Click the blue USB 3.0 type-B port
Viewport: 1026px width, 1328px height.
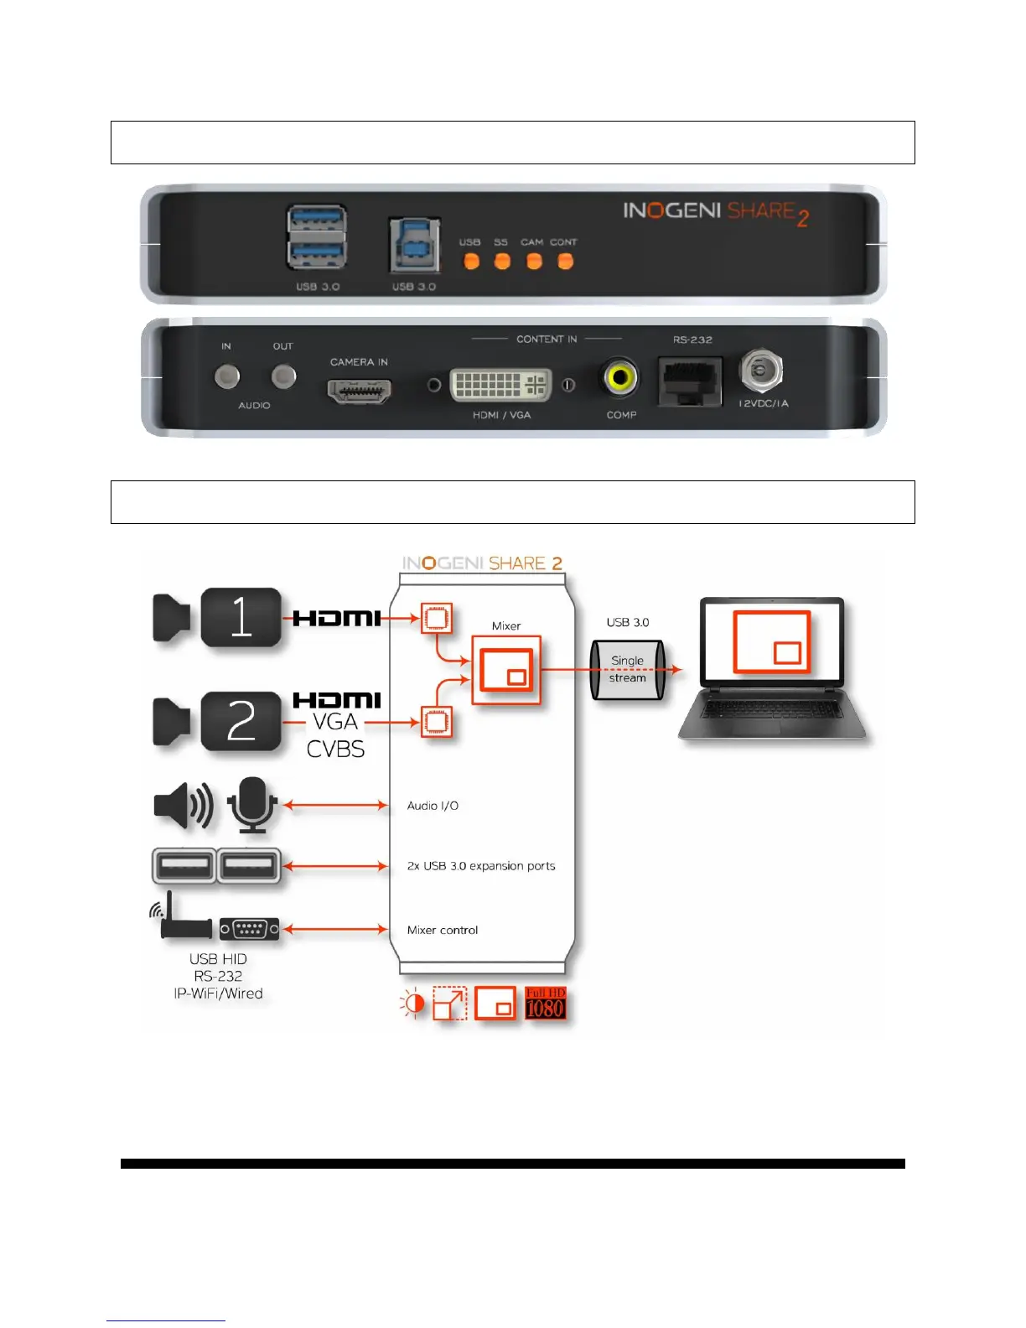414,246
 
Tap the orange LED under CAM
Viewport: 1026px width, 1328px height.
534,262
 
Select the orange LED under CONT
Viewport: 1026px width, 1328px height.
566,262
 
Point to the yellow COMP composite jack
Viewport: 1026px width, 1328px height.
620,378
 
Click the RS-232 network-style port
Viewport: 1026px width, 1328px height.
690,381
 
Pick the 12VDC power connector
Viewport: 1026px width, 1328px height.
761,370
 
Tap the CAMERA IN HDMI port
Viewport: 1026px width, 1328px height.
359,391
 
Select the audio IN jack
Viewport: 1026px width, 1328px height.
226,376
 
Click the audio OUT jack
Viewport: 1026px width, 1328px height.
284,376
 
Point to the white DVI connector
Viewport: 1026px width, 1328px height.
500,385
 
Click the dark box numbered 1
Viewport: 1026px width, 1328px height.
241,618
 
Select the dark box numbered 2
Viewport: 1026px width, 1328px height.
241,721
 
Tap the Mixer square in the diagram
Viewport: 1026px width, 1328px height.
506,670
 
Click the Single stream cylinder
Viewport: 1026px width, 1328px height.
628,670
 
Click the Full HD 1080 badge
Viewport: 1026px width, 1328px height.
545,1004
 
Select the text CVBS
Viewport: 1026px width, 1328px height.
335,749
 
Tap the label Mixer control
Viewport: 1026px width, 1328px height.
443,930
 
